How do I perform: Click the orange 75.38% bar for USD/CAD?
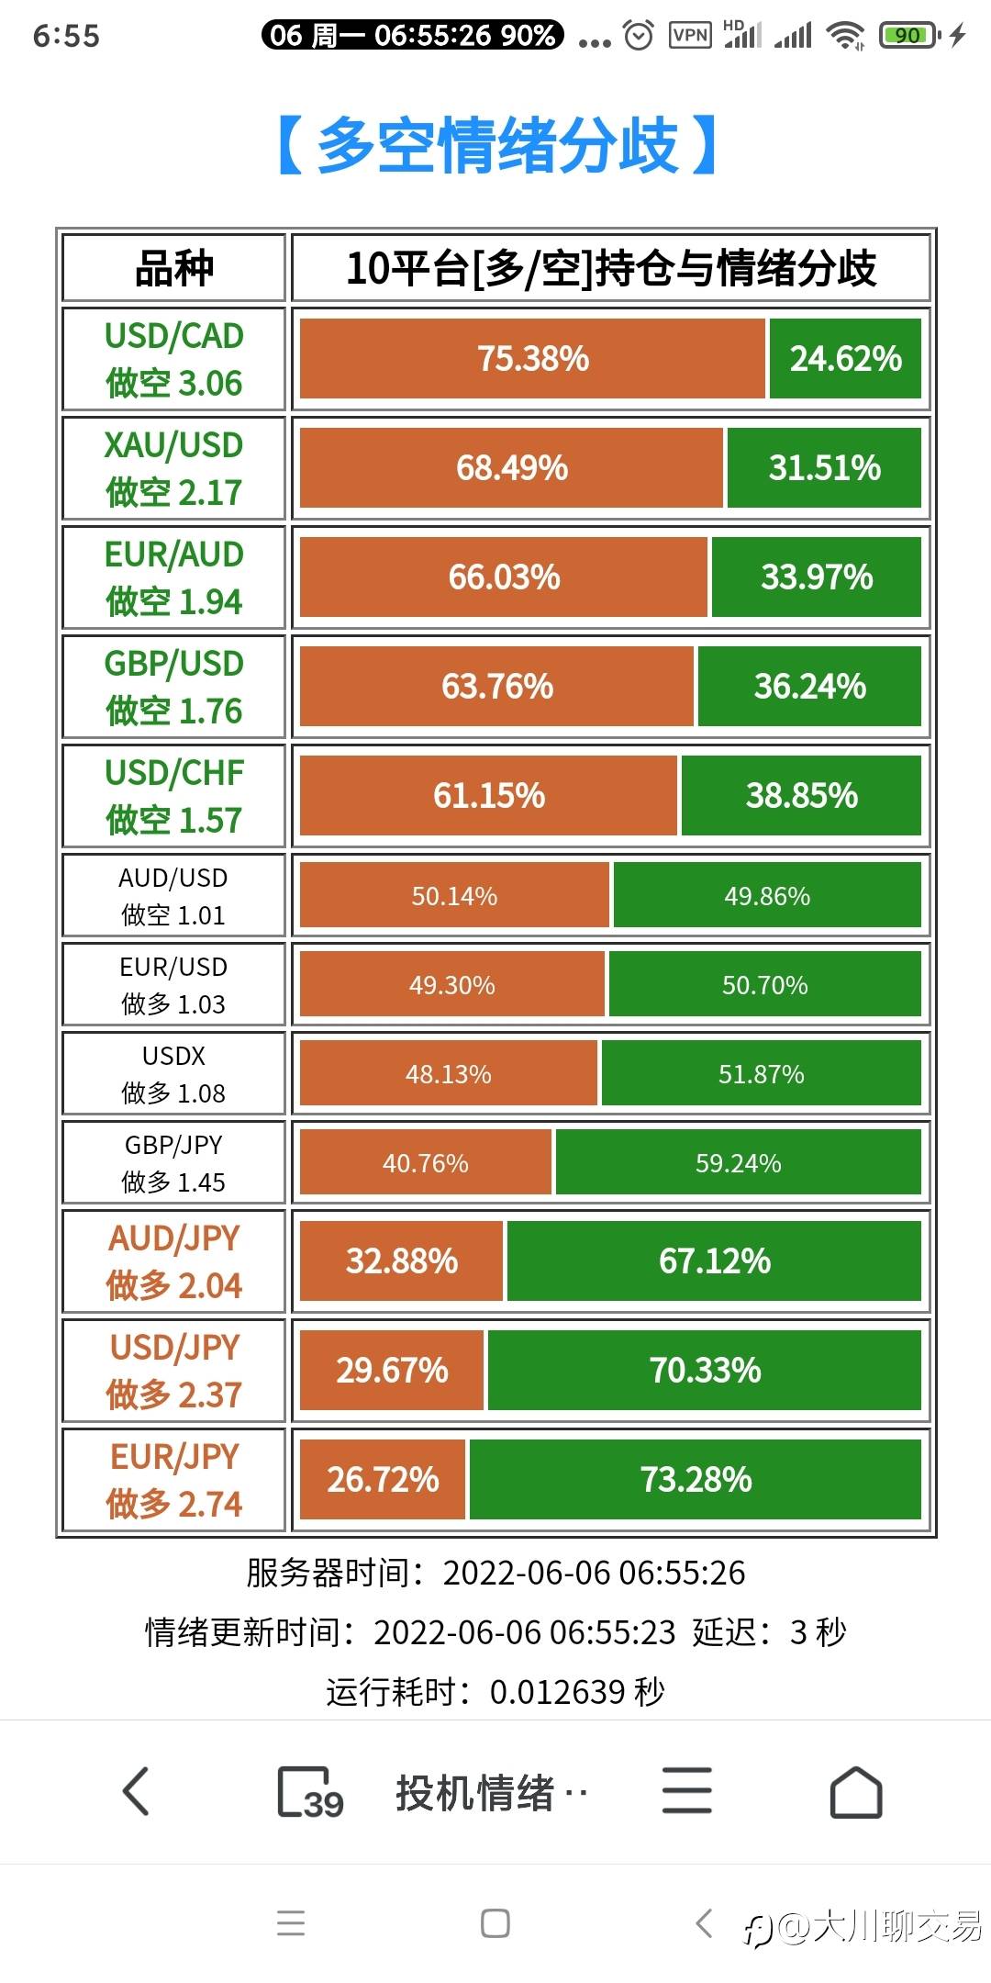pos(532,359)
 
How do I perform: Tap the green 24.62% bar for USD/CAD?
pos(845,359)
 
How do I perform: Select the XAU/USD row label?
pos(173,468)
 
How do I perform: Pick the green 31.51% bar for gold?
pos(824,468)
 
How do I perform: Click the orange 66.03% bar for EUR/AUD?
pos(504,577)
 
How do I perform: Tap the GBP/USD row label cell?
pos(173,687)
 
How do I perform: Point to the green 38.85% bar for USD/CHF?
pos(801,796)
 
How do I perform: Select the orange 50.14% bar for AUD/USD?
pos(454,896)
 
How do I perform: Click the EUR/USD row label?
pos(173,985)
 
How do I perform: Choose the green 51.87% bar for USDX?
pos(761,1074)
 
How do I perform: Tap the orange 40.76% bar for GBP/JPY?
pos(426,1163)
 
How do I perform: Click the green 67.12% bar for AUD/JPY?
pos(714,1261)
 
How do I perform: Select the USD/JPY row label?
pos(173,1371)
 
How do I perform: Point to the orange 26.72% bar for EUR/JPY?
pos(383,1480)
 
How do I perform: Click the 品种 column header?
pos(173,268)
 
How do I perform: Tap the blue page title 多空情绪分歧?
pos(495,145)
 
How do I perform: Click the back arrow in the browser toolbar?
pos(136,1791)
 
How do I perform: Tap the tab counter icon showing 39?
pos(309,1792)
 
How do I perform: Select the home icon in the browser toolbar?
pos(855,1791)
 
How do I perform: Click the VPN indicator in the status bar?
pos(690,36)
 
